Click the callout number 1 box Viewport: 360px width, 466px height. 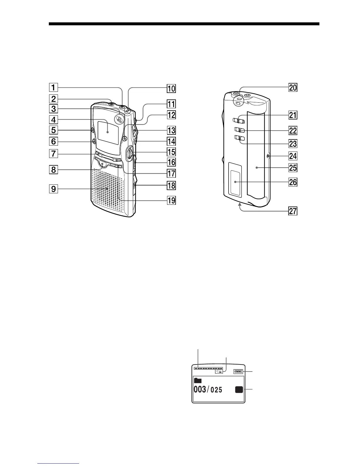tap(53, 87)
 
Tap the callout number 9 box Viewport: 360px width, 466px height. tap(53, 189)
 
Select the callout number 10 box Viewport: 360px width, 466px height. tap(171, 88)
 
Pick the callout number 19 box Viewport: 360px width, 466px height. tap(171, 201)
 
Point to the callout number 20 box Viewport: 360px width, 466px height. tap(293, 88)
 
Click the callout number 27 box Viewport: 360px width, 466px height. tap(293, 211)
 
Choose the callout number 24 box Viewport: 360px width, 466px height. tap(293, 156)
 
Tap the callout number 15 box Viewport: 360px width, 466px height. tap(171, 152)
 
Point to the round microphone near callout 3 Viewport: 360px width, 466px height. tap(119, 119)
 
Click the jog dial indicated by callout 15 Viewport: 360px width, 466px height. tap(129, 154)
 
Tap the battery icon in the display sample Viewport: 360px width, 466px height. tap(238, 372)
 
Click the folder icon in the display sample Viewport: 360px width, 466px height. tap(198, 381)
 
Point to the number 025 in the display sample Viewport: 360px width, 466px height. tap(216, 390)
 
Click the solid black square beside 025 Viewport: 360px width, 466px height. tap(239, 390)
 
